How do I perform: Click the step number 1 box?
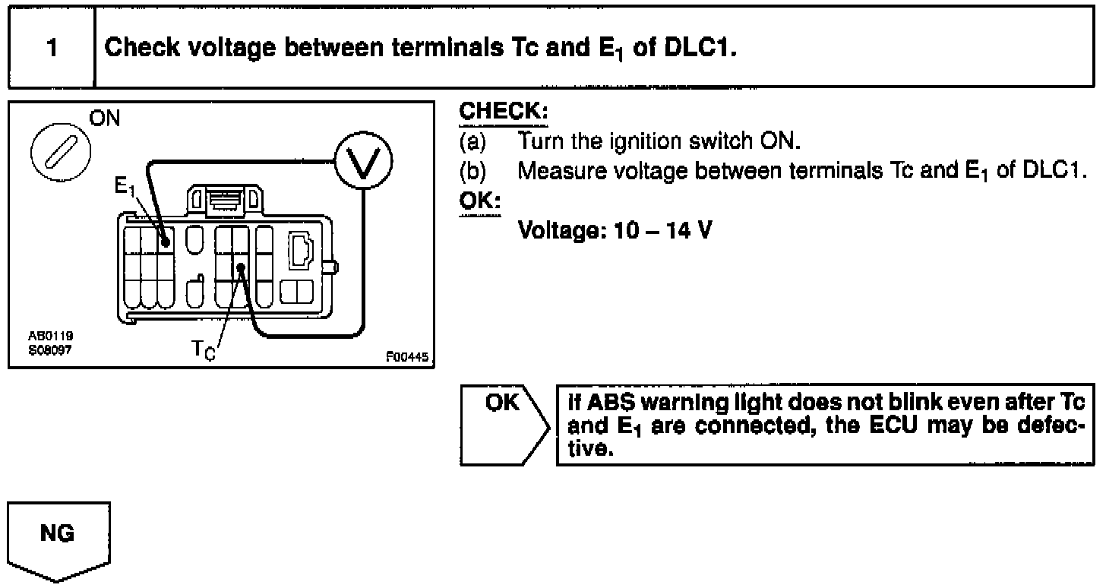click(x=51, y=48)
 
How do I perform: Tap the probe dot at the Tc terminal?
click(x=240, y=267)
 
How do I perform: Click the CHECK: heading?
click(x=503, y=112)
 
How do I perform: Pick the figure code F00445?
click(x=406, y=356)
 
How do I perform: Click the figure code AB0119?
click(x=47, y=335)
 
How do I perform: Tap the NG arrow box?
click(x=58, y=540)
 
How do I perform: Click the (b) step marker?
click(x=472, y=170)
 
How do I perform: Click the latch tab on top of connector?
click(x=225, y=200)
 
